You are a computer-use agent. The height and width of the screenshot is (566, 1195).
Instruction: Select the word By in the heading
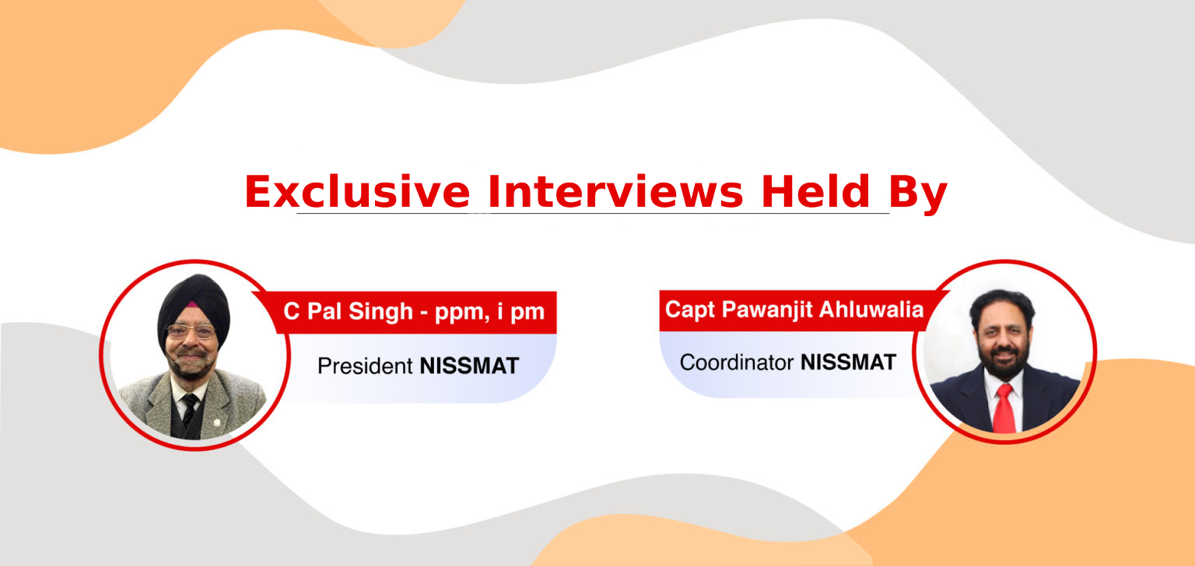(x=917, y=194)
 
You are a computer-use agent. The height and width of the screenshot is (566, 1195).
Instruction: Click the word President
(x=365, y=365)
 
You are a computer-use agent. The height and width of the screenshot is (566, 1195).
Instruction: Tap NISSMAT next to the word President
(x=469, y=365)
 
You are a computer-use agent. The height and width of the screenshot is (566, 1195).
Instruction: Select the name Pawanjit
(x=768, y=310)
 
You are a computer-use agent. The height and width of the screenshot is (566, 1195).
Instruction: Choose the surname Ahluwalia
(x=871, y=309)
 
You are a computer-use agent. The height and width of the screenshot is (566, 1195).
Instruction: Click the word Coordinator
(x=736, y=362)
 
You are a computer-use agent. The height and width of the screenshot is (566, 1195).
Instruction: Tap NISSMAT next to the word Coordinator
(x=848, y=362)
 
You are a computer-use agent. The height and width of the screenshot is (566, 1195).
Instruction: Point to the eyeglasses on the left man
(x=191, y=331)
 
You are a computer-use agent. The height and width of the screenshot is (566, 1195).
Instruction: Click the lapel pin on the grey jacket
(x=216, y=423)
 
